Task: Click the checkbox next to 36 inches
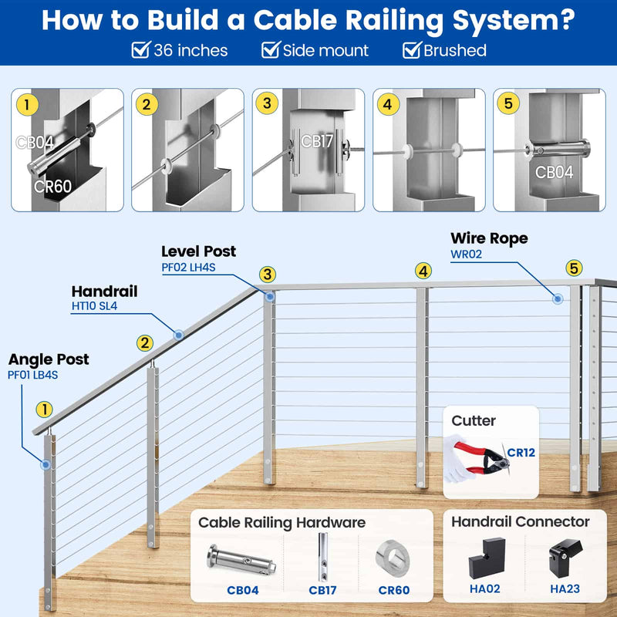(140, 51)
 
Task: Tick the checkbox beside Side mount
(270, 51)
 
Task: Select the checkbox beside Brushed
(411, 51)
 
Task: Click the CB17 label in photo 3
(316, 142)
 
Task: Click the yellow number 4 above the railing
(423, 271)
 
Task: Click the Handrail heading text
(104, 292)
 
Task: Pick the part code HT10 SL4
(94, 306)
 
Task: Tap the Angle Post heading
(49, 359)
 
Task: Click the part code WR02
(467, 254)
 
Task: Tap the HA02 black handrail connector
(480, 557)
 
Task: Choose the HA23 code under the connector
(564, 590)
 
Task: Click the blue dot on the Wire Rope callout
(557, 298)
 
